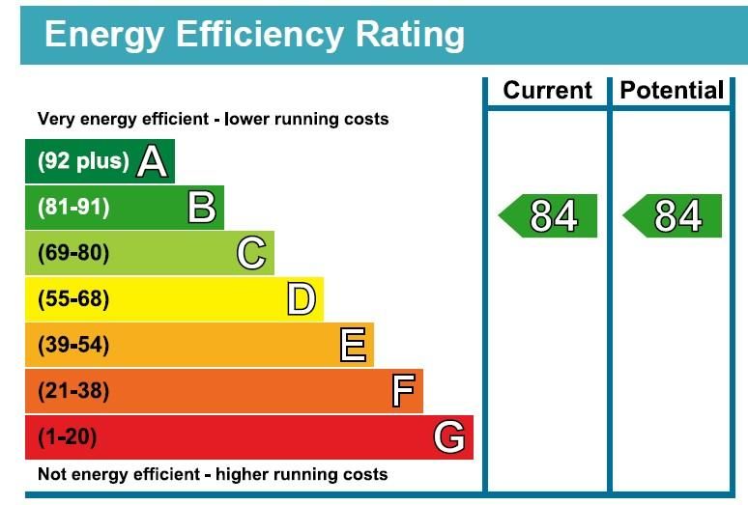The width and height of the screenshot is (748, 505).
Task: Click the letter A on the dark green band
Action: click(152, 160)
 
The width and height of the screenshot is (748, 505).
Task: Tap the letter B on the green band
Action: click(201, 207)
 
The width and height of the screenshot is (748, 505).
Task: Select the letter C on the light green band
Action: click(251, 253)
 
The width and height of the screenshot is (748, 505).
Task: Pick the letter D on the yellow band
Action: click(302, 299)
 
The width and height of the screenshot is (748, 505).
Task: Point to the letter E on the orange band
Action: click(353, 345)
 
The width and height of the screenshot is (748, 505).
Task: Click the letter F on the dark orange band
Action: click(402, 391)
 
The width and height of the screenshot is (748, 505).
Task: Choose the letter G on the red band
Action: click(449, 437)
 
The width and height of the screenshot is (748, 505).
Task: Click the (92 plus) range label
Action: click(83, 161)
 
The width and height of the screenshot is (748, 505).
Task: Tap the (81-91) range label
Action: click(73, 208)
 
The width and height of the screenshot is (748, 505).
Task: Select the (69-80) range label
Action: click(73, 253)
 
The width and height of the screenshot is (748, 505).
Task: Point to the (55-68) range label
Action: click(73, 299)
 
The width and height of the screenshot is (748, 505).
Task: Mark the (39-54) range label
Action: click(73, 345)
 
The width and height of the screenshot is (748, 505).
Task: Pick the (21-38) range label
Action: click(73, 391)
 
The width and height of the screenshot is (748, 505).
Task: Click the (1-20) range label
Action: click(68, 437)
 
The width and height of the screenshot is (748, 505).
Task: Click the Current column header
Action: click(547, 91)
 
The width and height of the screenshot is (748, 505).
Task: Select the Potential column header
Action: click(672, 91)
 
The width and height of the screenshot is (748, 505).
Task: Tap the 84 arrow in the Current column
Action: click(549, 216)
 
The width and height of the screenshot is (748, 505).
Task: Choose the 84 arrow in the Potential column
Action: click(674, 216)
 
